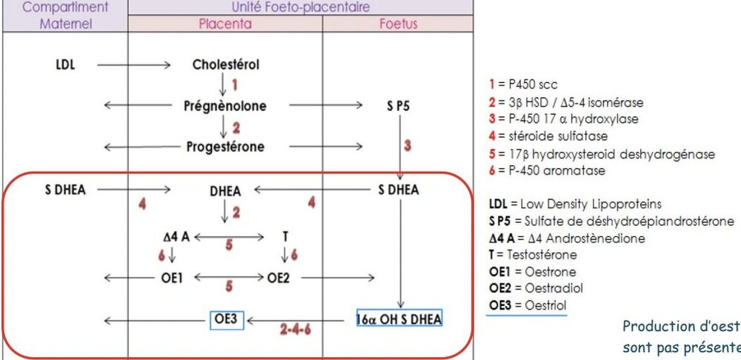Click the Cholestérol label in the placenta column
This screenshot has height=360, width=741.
[225, 64]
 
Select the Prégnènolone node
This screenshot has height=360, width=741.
[225, 106]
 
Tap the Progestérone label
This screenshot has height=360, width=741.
[225, 146]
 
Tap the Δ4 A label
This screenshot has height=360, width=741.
[177, 237]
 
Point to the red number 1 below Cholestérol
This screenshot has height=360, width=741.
[235, 84]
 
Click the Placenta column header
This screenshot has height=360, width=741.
[225, 24]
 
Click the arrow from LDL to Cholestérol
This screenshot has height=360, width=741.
[134, 65]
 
